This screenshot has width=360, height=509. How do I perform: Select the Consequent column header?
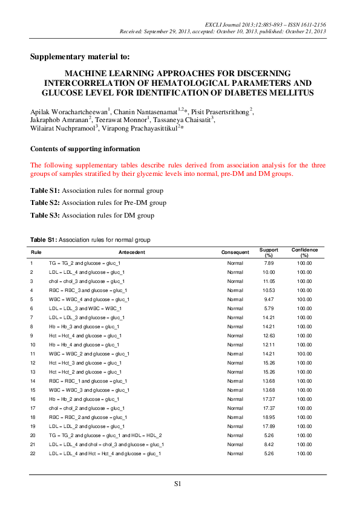coord(235,251)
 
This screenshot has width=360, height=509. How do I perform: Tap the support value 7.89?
coord(269,263)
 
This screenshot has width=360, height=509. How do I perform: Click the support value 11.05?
coord(269,281)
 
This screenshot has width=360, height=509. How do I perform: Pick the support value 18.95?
coord(269,417)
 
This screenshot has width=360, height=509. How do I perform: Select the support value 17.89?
coord(269,426)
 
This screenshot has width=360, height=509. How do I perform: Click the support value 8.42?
coord(269,444)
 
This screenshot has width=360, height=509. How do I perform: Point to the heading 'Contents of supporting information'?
coord(85,149)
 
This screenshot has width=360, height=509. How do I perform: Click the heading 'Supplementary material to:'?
coord(79,57)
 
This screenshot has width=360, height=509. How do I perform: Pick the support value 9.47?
coord(269,299)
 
